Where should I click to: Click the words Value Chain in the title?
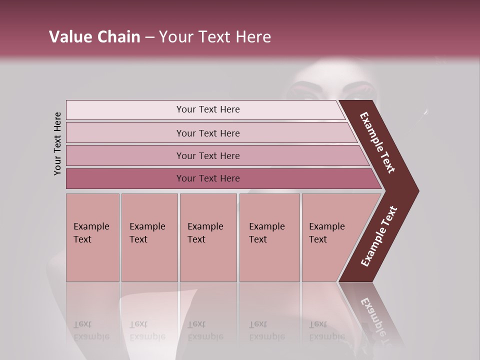point(94,37)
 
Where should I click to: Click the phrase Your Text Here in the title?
point(215,37)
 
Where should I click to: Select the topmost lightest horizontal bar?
point(207,109)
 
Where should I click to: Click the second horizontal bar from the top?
point(207,133)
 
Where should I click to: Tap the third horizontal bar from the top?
point(207,155)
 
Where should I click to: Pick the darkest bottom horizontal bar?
point(207,178)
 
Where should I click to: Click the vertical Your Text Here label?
point(57,143)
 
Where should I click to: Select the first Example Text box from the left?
point(92,237)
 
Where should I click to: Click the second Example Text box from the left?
point(149,237)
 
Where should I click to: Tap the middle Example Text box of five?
point(208,237)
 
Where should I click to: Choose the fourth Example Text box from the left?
point(269,237)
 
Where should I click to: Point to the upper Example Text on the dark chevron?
point(377,142)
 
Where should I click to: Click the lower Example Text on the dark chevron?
point(379,236)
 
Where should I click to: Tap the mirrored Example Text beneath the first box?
point(91,330)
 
